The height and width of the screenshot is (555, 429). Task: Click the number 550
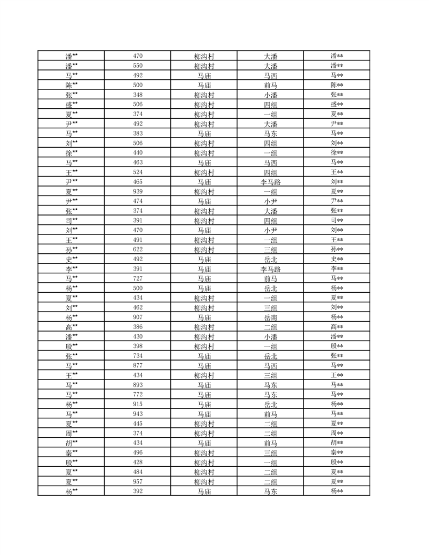pos(138,66)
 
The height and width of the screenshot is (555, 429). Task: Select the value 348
pos(138,95)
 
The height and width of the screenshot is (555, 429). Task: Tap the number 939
pos(138,191)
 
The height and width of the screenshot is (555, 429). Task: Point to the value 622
pos(138,249)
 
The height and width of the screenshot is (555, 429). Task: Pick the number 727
pos(138,278)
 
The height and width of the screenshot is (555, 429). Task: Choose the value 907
pos(138,317)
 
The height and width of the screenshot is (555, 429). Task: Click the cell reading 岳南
pos(271,317)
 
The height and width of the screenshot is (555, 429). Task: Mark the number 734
pos(138,355)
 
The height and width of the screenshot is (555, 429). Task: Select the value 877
pos(138,365)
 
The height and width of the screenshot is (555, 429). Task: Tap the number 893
pos(138,384)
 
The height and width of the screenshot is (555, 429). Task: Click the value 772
pos(138,394)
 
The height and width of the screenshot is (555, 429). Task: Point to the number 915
pos(138,404)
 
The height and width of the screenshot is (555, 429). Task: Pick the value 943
pos(138,414)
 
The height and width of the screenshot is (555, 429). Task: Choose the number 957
pos(138,481)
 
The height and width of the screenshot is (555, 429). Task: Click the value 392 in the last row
pos(138,491)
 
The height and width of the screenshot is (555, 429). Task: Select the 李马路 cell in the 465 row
pos(271,182)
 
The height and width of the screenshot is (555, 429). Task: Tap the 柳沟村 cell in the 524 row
pos(204,172)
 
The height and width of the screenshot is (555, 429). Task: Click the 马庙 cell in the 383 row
pos(204,133)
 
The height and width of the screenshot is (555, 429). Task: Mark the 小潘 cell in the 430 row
pos(271,336)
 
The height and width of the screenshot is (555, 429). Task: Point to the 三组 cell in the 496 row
pos(271,453)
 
